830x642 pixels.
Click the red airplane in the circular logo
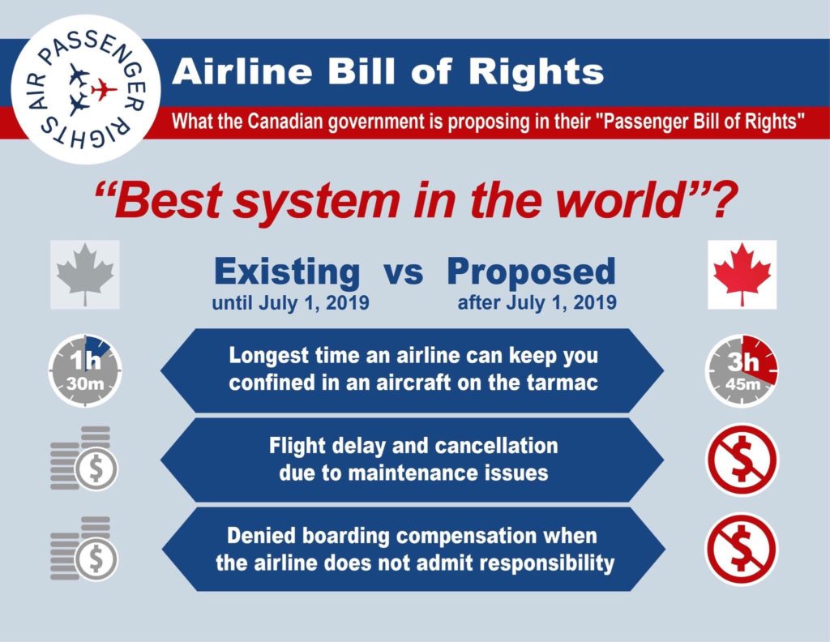(104, 89)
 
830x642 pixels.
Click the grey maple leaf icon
(85, 274)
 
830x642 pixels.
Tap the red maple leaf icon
(742, 274)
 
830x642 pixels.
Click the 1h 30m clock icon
(85, 370)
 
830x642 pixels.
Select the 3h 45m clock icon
(742, 370)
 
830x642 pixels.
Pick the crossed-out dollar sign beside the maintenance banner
(742, 460)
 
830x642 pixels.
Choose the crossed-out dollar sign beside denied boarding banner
(742, 550)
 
